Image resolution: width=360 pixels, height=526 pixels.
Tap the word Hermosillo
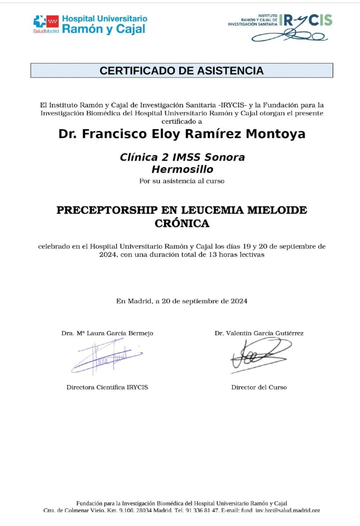coord(182,169)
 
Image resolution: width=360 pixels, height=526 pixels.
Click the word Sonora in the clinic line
coord(225,157)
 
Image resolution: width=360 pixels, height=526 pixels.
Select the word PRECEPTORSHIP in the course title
coord(107,210)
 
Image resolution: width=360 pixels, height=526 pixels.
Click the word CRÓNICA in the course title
coord(182,223)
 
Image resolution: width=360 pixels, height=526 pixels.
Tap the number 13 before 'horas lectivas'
coord(212,255)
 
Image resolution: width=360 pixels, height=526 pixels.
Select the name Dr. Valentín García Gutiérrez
coord(259,333)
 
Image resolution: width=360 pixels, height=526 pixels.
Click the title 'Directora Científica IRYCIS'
coord(107,387)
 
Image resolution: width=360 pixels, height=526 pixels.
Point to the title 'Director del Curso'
coord(259,387)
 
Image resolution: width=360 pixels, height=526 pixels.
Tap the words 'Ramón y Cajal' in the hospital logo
coord(104,29)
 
